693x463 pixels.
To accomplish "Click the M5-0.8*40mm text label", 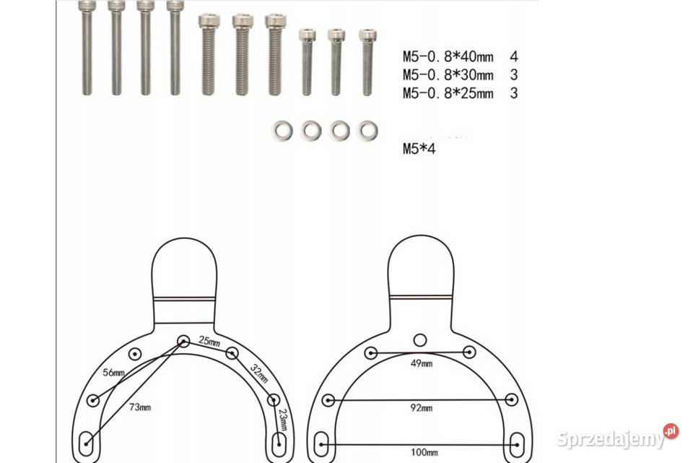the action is (x=448, y=57).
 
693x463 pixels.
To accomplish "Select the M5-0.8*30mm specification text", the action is (x=448, y=75).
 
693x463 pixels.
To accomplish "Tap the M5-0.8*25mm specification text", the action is (x=448, y=94).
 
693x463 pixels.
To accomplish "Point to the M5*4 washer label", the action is (x=419, y=149).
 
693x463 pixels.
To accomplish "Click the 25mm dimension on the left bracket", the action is (x=209, y=342).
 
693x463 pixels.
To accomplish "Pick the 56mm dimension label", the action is (x=113, y=373).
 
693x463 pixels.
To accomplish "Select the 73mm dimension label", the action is (x=140, y=407).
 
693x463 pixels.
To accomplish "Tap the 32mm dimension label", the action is (x=259, y=373).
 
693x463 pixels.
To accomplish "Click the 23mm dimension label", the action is (x=283, y=419).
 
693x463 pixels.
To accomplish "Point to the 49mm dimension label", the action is (x=421, y=364).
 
